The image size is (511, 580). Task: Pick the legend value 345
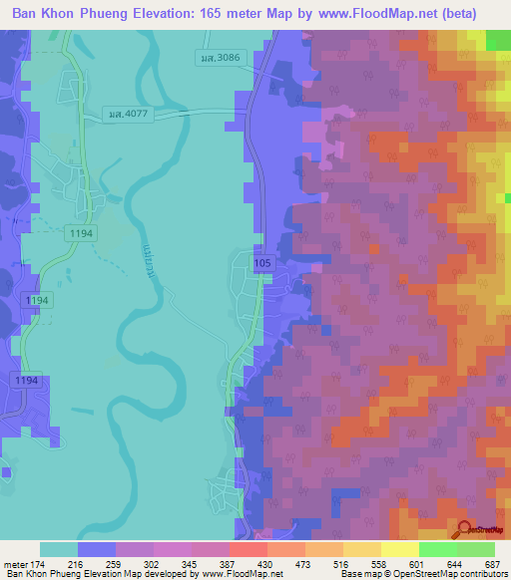coord(211,563)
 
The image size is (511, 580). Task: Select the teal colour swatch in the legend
coord(59,549)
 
